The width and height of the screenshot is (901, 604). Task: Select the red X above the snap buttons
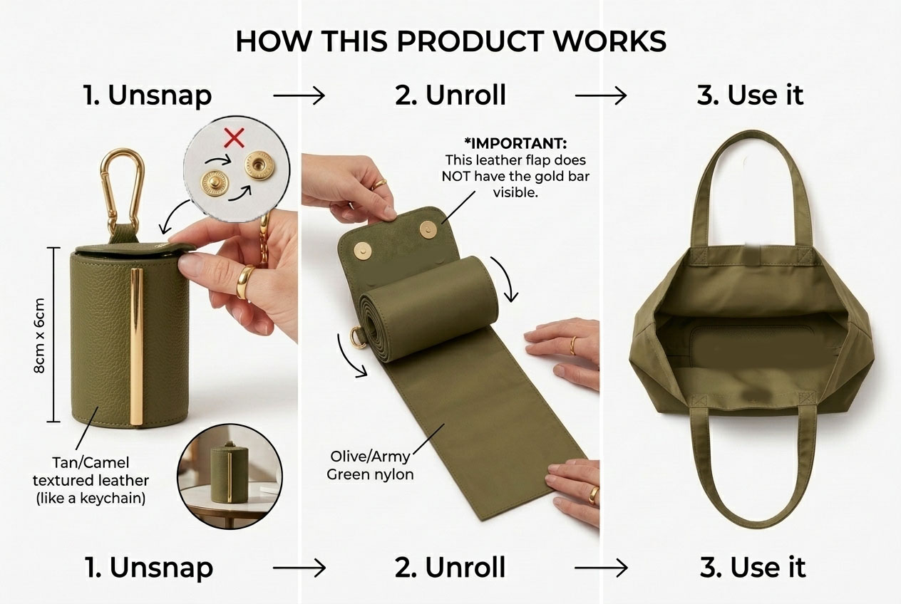coord(234,138)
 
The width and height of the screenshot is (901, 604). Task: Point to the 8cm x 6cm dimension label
coord(39,335)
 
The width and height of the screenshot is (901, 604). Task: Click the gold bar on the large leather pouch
coord(137,346)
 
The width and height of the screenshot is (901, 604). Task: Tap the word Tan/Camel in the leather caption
coord(91,462)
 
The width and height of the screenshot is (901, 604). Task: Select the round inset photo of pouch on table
coord(230,476)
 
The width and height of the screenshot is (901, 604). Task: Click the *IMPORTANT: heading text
coord(515,143)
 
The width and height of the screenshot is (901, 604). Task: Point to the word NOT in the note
coord(456,177)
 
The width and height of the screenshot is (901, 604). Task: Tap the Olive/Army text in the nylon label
coord(370,457)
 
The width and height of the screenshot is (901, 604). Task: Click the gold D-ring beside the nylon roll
coord(357,337)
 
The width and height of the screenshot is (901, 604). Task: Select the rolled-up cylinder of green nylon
coord(428,308)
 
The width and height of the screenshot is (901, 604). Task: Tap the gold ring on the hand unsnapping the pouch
coord(245,282)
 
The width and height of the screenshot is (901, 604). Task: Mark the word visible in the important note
coord(515,193)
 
